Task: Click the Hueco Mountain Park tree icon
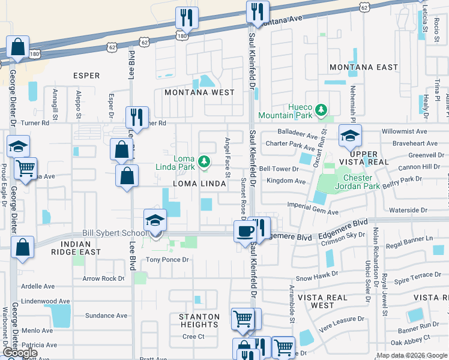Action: (322, 109)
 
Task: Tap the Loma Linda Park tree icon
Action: (204, 160)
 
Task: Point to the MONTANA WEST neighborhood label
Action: (199, 92)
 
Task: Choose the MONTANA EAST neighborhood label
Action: (364, 67)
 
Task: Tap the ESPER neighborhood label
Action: (86, 76)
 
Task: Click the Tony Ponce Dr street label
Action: (168, 260)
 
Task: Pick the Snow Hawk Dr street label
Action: (313, 278)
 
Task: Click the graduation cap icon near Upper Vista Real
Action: (350, 136)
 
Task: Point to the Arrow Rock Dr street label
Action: (103, 278)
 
